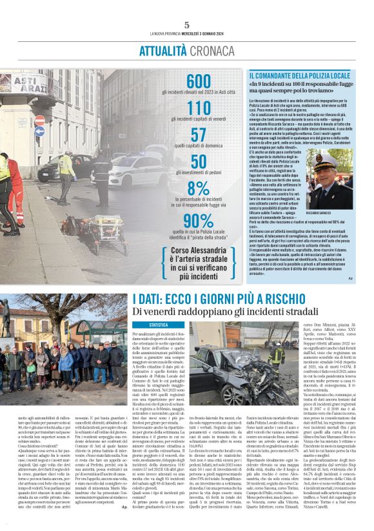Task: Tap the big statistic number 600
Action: point(198,81)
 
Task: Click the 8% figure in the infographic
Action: point(199,188)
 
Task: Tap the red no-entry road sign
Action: point(40,120)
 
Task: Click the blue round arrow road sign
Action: point(39,132)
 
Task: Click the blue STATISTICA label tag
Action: point(158,325)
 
